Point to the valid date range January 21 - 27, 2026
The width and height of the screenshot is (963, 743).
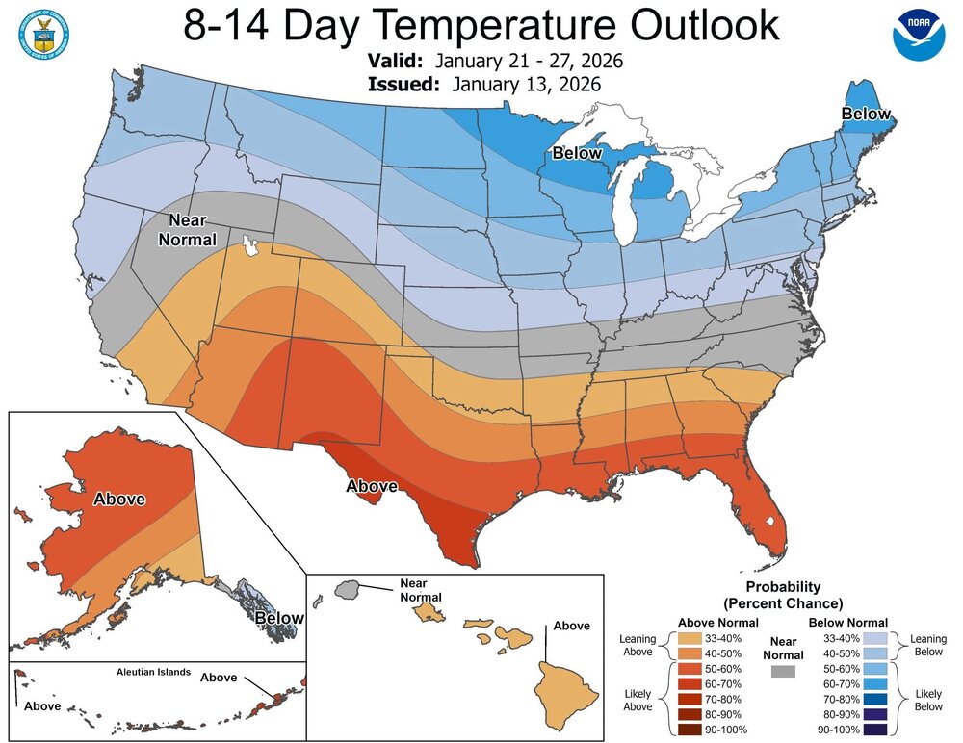tap(529, 61)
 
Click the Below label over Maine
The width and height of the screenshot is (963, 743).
tap(866, 115)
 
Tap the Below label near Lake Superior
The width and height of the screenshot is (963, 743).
tap(576, 153)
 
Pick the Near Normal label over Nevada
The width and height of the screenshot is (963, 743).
tap(189, 229)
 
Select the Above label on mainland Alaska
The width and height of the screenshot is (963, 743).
tap(118, 499)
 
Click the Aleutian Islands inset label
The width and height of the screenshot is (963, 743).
tap(141, 672)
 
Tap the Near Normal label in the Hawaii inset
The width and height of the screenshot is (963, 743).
tap(421, 589)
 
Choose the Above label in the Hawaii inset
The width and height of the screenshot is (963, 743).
tap(570, 626)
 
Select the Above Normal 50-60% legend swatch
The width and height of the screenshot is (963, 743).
tap(690, 668)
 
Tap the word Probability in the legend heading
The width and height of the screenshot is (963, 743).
tap(783, 586)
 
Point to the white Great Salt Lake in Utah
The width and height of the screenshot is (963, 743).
tap(252, 246)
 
